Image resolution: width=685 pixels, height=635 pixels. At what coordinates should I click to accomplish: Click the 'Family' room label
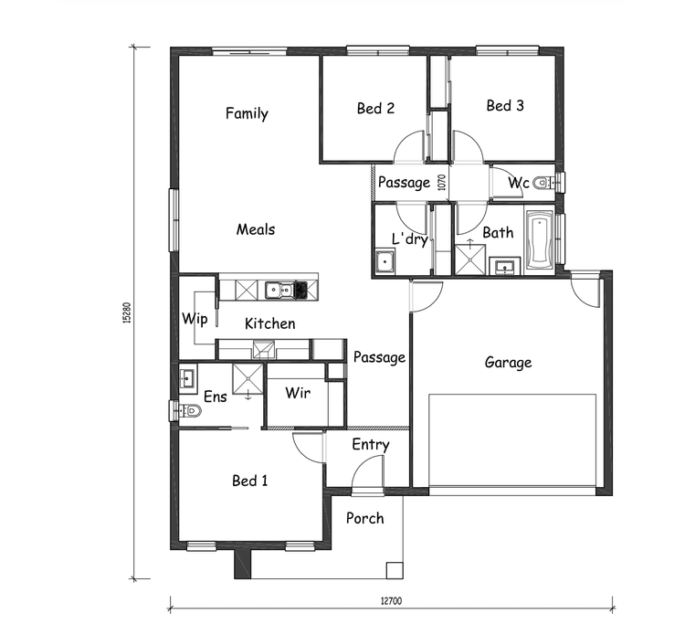click(x=247, y=114)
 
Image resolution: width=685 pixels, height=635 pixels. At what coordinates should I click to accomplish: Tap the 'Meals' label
click(x=256, y=229)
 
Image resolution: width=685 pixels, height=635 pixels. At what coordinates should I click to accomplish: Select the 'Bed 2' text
click(x=375, y=109)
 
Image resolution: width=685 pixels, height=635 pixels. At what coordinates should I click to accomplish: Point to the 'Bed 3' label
click(x=505, y=106)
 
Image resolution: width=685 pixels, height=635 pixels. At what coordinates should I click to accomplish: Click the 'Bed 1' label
click(x=249, y=481)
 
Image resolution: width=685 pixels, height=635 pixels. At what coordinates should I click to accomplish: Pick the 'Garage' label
click(x=508, y=363)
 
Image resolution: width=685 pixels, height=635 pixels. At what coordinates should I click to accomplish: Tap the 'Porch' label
click(x=364, y=518)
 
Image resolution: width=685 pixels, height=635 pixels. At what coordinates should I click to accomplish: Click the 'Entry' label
click(x=370, y=445)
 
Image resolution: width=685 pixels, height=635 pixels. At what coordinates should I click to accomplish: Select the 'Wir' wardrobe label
click(x=298, y=394)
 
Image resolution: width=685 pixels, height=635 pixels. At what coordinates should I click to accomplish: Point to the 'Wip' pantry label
click(x=195, y=319)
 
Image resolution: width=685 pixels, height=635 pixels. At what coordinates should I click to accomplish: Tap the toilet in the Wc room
click(x=543, y=183)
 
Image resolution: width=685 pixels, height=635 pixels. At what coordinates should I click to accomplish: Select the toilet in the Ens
click(x=189, y=411)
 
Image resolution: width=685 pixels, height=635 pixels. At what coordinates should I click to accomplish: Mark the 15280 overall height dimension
click(x=128, y=312)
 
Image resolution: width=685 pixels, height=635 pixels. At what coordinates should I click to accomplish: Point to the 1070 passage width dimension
click(x=442, y=183)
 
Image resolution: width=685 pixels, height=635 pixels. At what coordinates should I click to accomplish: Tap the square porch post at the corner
click(x=393, y=570)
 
